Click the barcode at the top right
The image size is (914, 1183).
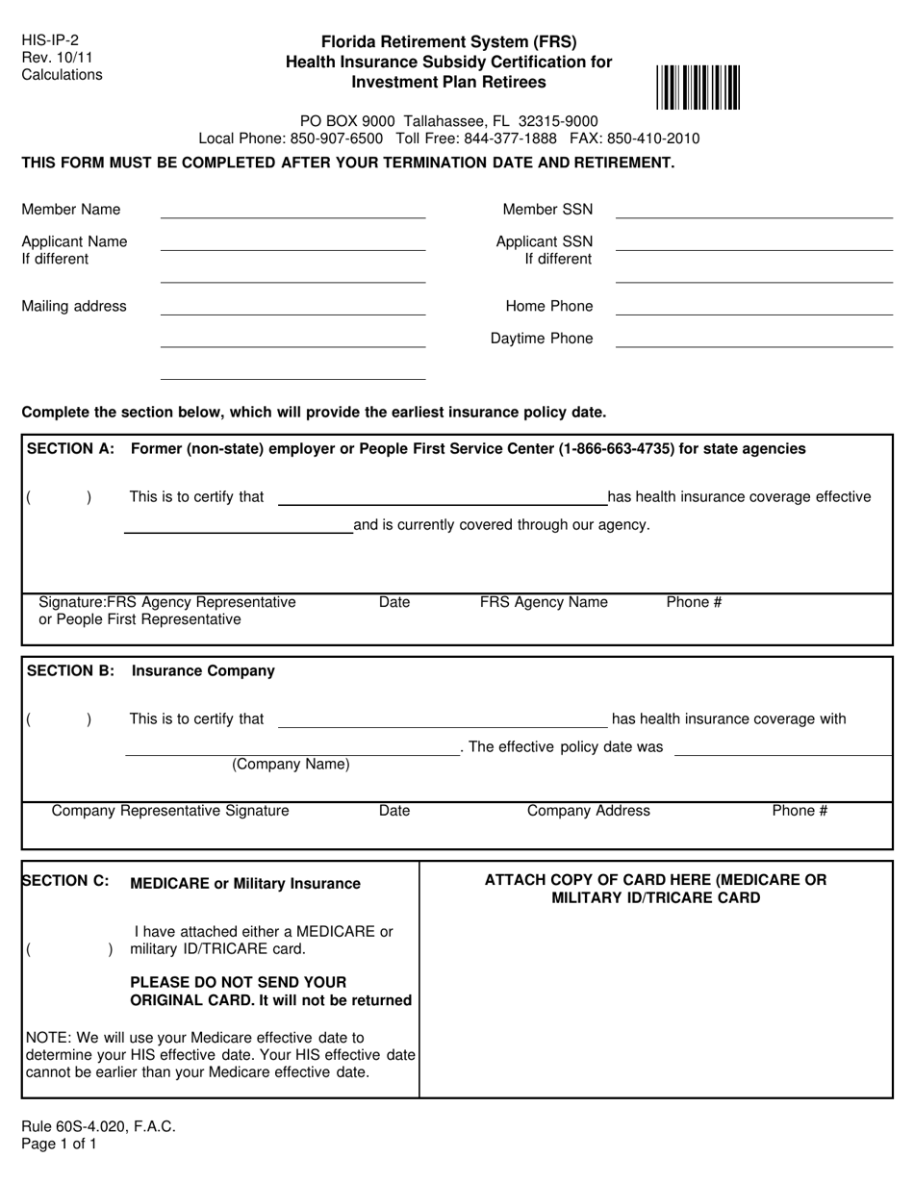click(x=699, y=87)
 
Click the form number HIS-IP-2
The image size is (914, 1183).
click(x=51, y=40)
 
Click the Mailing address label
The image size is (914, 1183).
click(x=74, y=307)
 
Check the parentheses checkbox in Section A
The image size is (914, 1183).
click(x=59, y=498)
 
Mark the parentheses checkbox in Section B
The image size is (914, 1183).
click(x=59, y=719)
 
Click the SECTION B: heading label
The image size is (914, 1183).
click(x=72, y=671)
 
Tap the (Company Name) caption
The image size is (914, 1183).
click(x=291, y=766)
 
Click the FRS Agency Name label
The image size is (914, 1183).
click(x=544, y=603)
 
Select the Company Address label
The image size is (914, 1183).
click(x=588, y=811)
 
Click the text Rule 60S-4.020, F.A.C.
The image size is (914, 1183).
click(x=99, y=1126)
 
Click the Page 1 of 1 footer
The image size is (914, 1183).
click(x=60, y=1145)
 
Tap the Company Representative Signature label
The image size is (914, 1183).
click(x=170, y=811)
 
